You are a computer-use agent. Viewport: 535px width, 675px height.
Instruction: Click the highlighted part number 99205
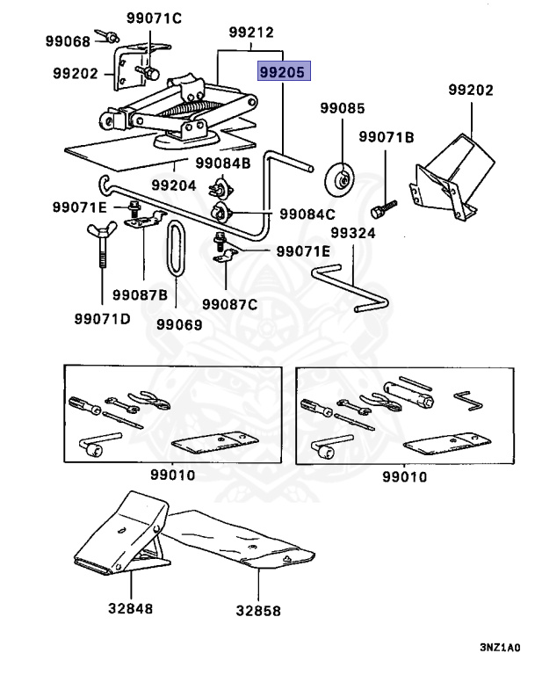(284, 71)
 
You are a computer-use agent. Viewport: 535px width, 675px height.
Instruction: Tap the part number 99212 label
(251, 33)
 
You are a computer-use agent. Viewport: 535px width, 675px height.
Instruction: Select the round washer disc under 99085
(340, 179)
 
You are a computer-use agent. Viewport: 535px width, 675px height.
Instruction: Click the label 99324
(353, 233)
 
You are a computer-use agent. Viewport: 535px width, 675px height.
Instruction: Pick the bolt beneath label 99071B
(383, 209)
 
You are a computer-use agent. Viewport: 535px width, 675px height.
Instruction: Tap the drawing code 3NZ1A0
(500, 648)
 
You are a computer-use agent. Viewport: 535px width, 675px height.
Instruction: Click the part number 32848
(130, 608)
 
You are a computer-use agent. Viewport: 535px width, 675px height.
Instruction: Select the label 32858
(258, 611)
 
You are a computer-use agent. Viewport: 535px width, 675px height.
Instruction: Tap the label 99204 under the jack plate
(174, 185)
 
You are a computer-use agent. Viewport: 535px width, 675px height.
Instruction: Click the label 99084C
(307, 214)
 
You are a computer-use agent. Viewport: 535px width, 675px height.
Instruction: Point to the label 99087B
(140, 295)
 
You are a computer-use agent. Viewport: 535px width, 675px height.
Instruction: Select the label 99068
(68, 41)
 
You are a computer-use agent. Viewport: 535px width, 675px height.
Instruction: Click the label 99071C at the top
(154, 18)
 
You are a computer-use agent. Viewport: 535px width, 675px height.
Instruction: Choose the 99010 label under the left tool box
(172, 475)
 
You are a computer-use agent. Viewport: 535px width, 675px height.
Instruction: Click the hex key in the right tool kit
(469, 401)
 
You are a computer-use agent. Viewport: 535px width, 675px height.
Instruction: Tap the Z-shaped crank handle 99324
(351, 288)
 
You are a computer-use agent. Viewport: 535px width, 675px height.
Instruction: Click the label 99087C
(230, 304)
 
